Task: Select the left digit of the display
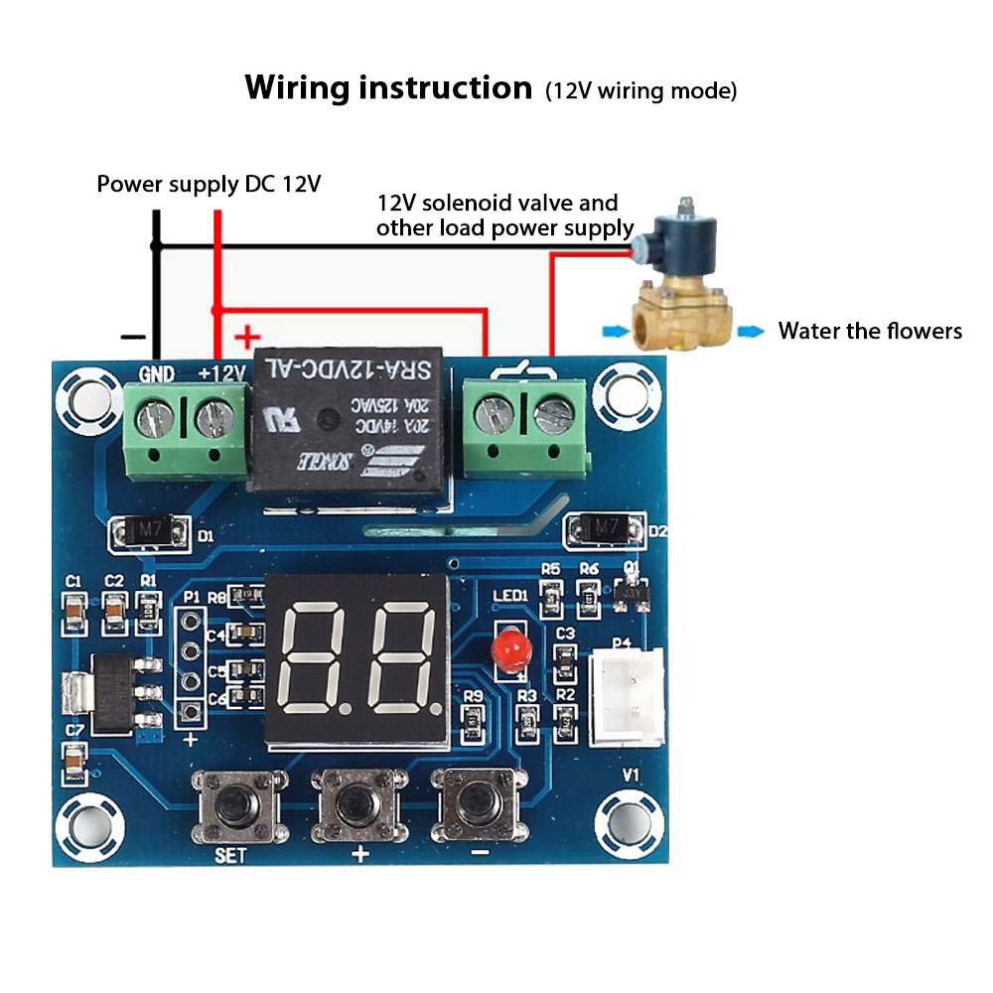coord(318,655)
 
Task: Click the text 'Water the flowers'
coord(870,331)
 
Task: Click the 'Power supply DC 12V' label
coord(209,185)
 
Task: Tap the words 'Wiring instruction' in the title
coord(388,88)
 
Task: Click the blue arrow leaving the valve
coord(754,332)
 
